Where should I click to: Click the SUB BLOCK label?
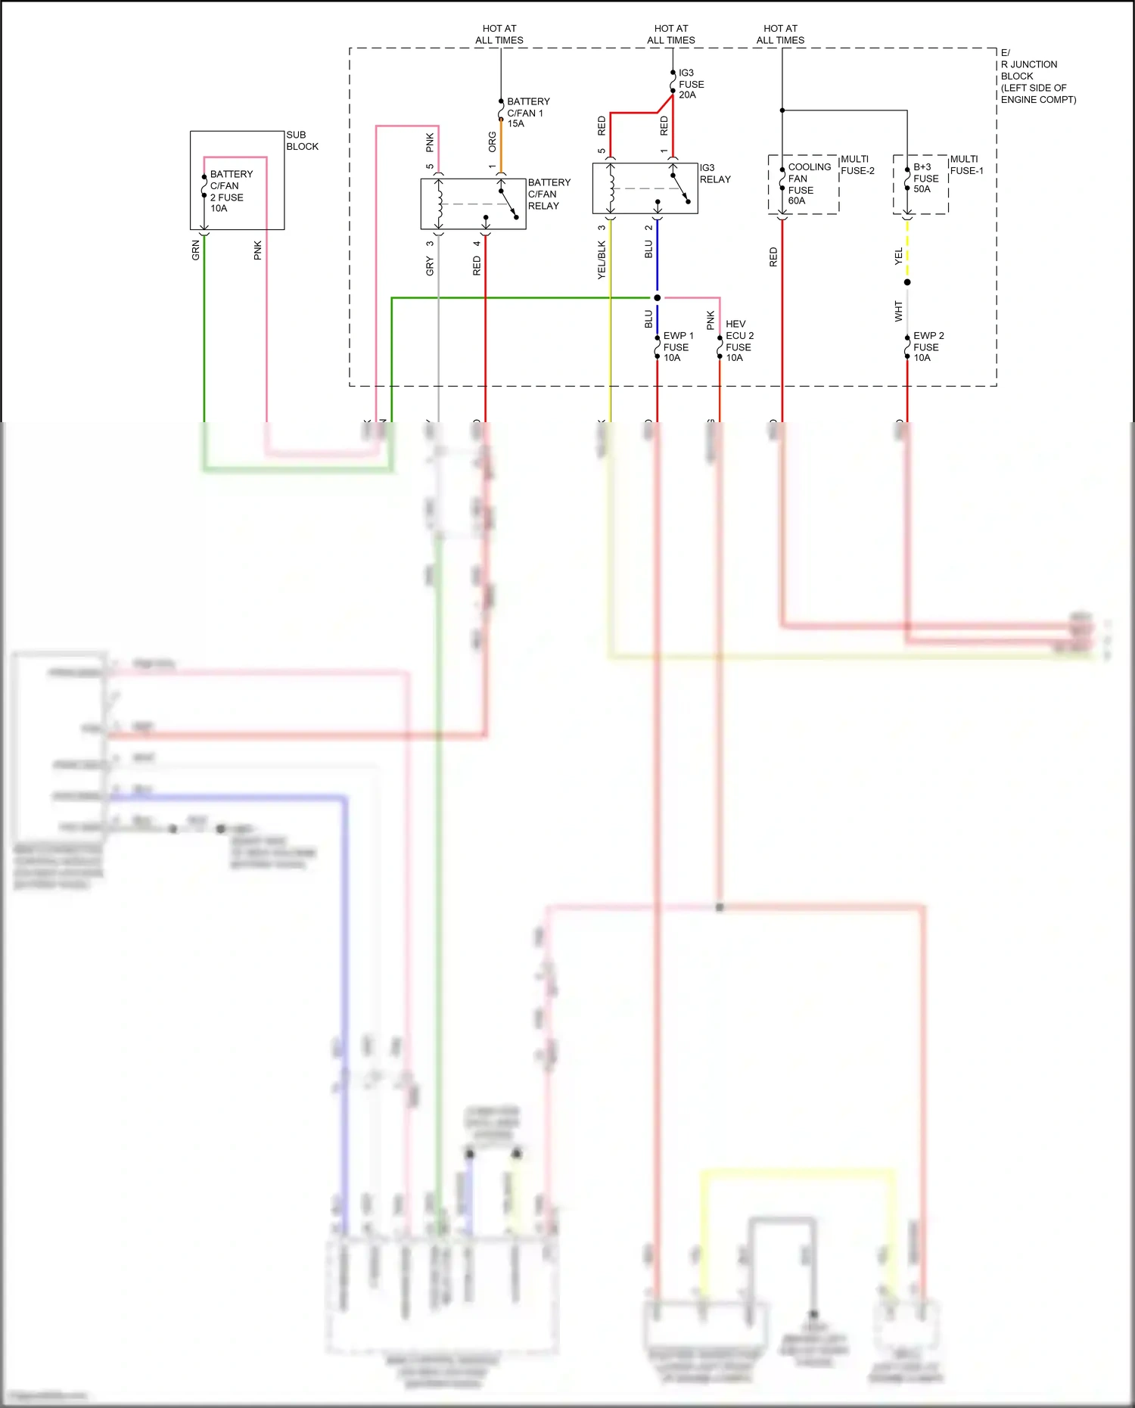(x=302, y=141)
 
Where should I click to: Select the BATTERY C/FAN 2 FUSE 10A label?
(x=230, y=191)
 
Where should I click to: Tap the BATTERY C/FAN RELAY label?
(x=549, y=194)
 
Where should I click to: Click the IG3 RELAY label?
(x=714, y=173)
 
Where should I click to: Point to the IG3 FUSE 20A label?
(x=690, y=84)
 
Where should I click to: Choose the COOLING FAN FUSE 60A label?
(x=808, y=183)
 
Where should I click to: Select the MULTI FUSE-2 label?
(x=857, y=165)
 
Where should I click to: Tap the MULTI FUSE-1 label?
(x=966, y=165)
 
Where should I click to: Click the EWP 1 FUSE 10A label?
(x=677, y=347)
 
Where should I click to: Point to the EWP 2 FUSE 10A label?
(x=928, y=347)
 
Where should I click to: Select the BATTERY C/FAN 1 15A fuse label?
(x=527, y=112)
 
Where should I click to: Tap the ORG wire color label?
(x=493, y=141)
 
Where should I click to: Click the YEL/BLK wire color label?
(x=602, y=260)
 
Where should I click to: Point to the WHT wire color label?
(x=898, y=311)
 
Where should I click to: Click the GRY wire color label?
(x=430, y=266)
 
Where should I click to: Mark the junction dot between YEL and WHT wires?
(x=907, y=282)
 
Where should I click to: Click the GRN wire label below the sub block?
(x=195, y=250)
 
